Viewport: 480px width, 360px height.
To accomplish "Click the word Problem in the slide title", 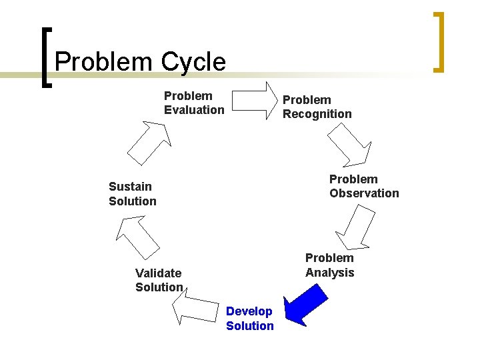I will pyautogui.click(x=103, y=62).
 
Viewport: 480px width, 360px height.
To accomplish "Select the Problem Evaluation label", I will pyautogui.click(x=193, y=103).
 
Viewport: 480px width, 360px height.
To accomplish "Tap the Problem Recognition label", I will pyautogui.click(x=317, y=107).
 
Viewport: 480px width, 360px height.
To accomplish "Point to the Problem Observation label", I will pyautogui.click(x=363, y=186).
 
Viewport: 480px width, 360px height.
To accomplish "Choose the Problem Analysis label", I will pyautogui.click(x=329, y=265).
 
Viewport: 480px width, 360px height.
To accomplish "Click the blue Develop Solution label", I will pyautogui.click(x=249, y=318).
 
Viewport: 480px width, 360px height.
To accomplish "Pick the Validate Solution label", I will pyautogui.click(x=159, y=279).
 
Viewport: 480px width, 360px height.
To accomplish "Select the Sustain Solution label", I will pyautogui.click(x=132, y=193).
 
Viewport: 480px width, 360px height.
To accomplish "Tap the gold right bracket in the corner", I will pyautogui.click(x=437, y=41).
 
